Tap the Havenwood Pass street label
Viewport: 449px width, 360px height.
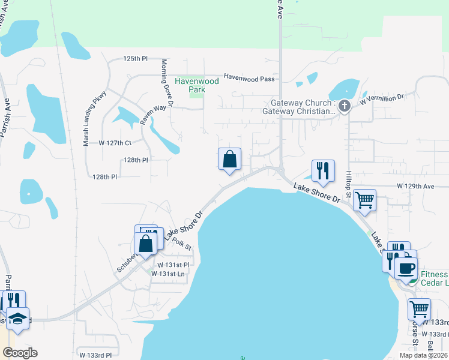pyautogui.click(x=249, y=77)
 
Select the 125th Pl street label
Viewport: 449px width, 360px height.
pyautogui.click(x=135, y=59)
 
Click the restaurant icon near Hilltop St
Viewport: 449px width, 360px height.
pyautogui.click(x=323, y=171)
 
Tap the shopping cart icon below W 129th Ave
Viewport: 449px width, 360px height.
pyautogui.click(x=364, y=200)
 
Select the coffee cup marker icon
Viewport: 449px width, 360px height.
pyautogui.click(x=406, y=268)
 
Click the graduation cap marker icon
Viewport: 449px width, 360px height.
pyautogui.click(x=17, y=319)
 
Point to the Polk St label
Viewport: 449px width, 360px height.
pyautogui.click(x=181, y=243)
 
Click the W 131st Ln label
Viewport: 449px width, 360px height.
pyautogui.click(x=168, y=274)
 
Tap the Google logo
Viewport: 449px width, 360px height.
pyautogui.click(x=20, y=353)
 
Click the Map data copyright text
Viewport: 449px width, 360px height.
pyautogui.click(x=423, y=355)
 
